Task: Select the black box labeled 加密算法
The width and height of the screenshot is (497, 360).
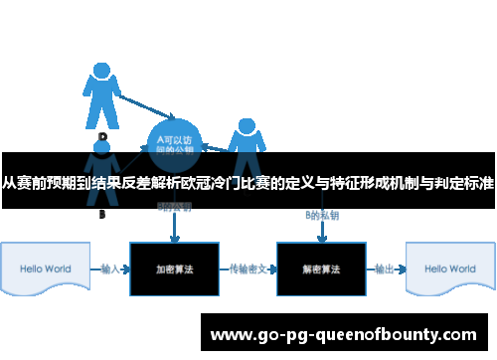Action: pyautogui.click(x=173, y=269)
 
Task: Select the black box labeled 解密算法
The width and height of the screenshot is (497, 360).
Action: pyautogui.click(x=320, y=269)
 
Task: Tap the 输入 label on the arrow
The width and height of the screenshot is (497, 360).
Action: pyautogui.click(x=110, y=269)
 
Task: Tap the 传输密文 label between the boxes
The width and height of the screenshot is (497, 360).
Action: pyautogui.click(x=247, y=269)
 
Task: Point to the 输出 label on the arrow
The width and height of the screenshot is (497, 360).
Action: pyautogui.click(x=384, y=269)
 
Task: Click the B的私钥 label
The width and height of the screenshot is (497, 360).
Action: pyautogui.click(x=321, y=215)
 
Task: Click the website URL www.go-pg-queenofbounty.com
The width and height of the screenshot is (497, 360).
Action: pyautogui.click(x=347, y=333)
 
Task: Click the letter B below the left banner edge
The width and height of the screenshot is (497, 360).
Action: pyautogui.click(x=101, y=214)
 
